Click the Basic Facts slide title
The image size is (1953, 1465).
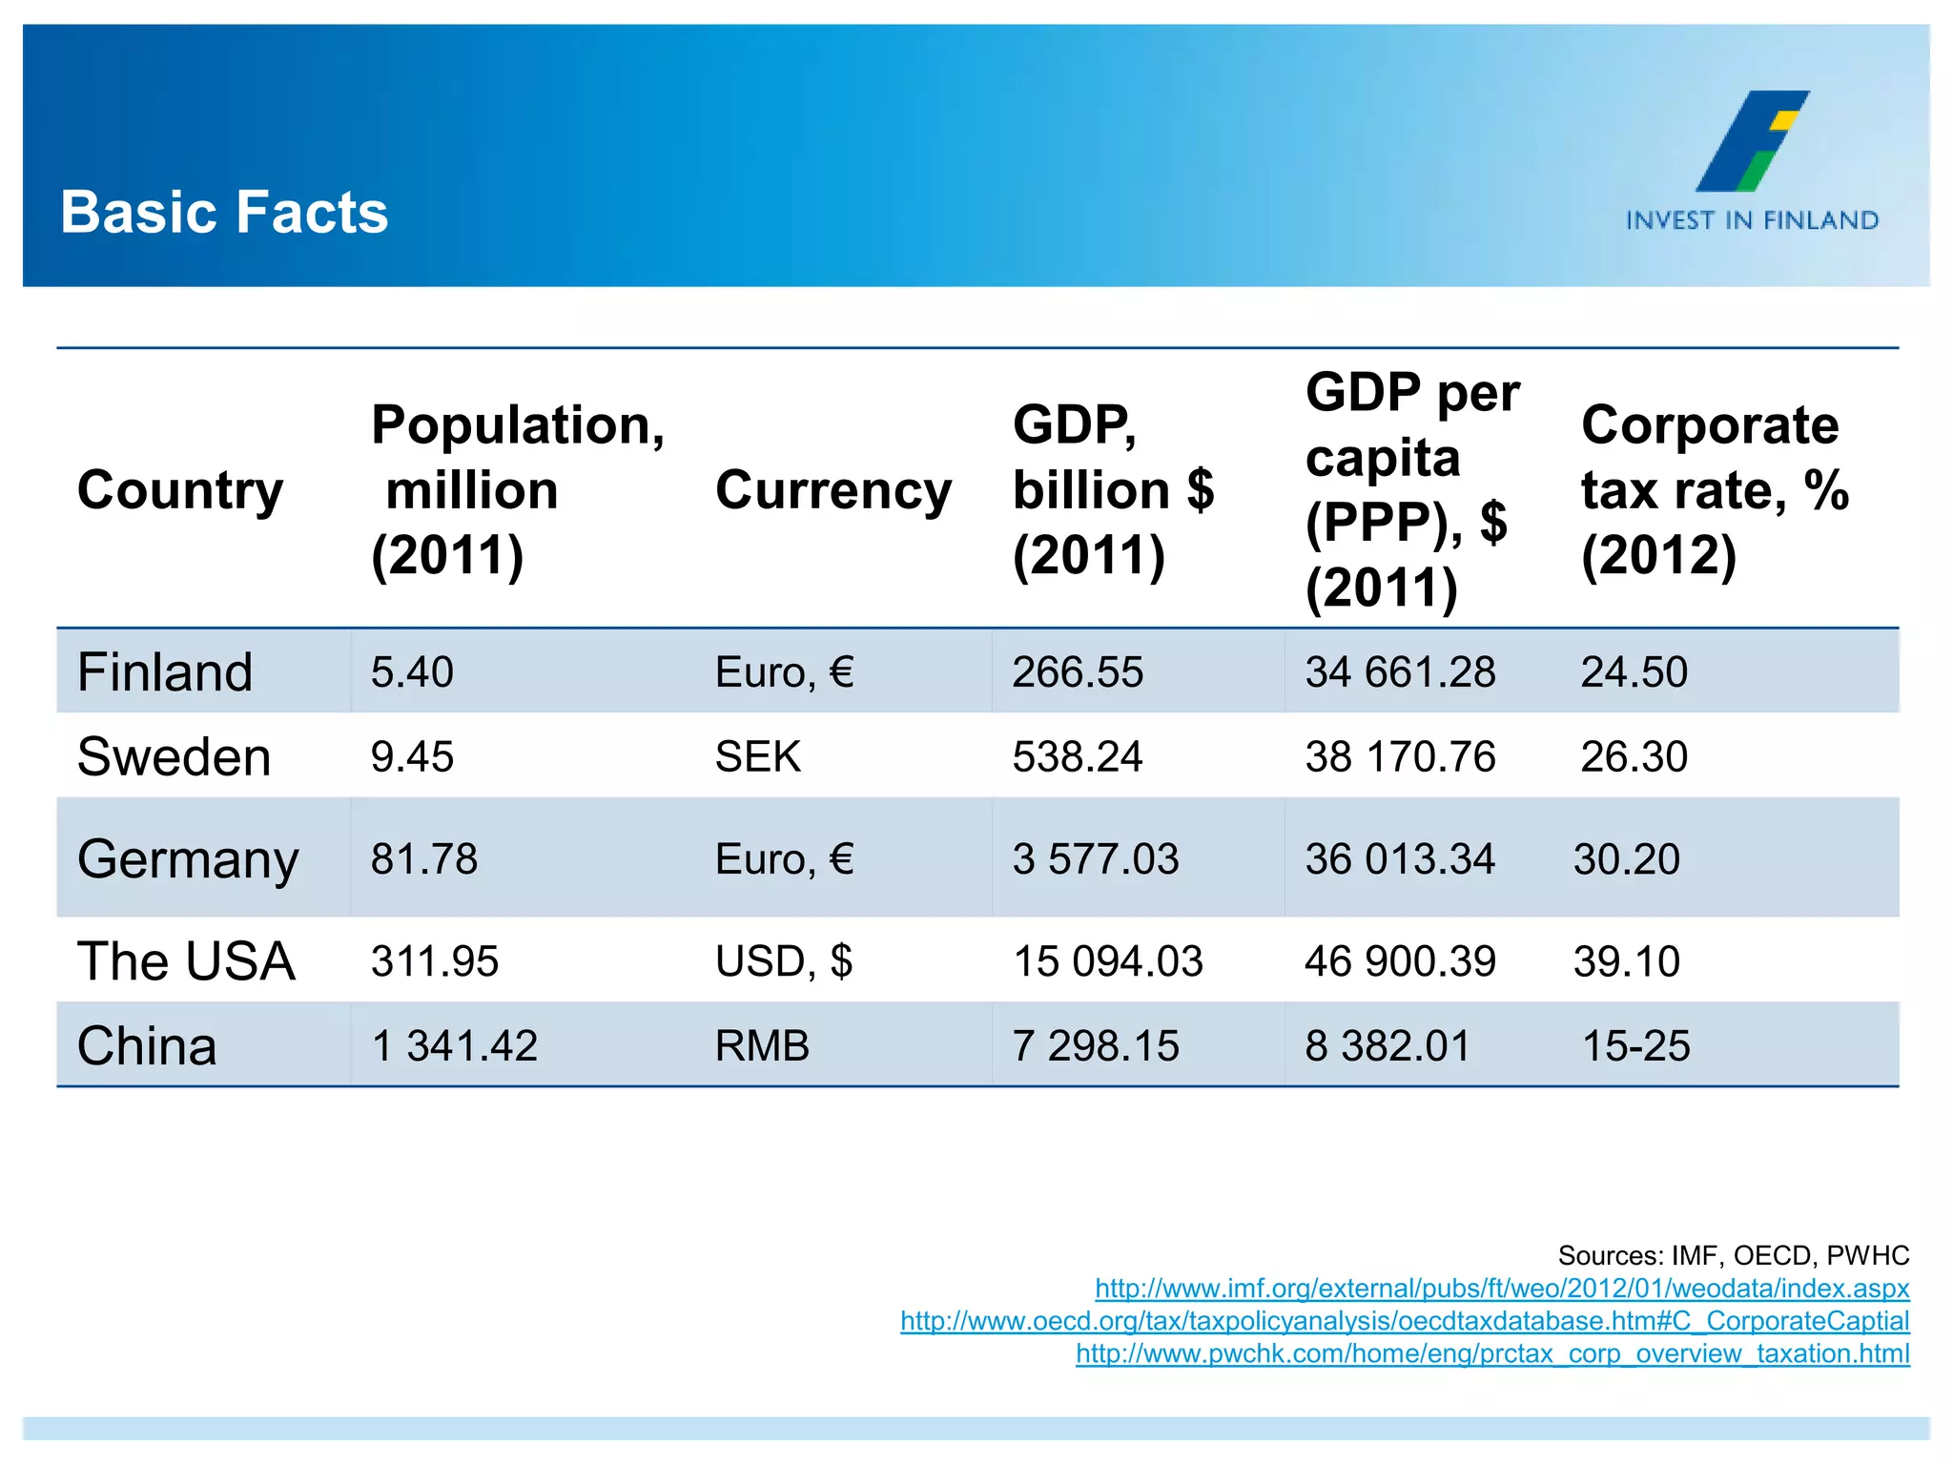224,212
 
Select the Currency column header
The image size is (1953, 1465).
833,490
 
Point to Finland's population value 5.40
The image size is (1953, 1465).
412,672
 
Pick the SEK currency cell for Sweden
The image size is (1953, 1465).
758,757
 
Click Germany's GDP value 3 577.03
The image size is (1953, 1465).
1096,859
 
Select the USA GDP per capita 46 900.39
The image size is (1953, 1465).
1400,961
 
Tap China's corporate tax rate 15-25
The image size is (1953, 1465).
1635,1046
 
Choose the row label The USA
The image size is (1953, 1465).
186,961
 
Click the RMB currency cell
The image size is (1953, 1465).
762,1046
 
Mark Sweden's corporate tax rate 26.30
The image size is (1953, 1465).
1634,757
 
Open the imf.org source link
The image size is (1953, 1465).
1502,1289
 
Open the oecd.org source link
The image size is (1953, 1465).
1405,1321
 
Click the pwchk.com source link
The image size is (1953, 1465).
1492,1353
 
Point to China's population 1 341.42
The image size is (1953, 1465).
454,1046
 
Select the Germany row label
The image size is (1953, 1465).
188,859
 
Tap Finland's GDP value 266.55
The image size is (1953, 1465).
1078,672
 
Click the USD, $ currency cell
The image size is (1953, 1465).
784,961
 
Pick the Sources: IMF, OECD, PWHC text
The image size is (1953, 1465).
1733,1255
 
